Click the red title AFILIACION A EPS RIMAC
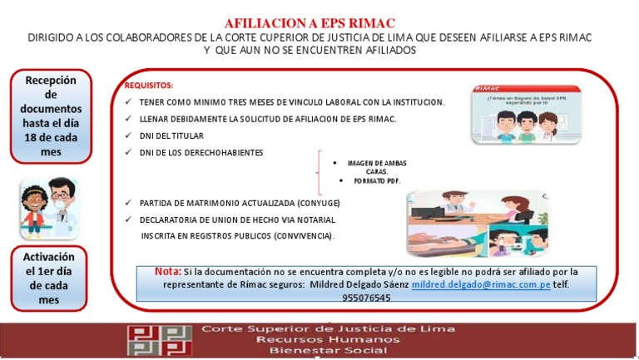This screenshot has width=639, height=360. pos(310,22)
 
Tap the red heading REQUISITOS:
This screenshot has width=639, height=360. pos(149,86)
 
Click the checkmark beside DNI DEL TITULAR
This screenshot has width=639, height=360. pos(127,136)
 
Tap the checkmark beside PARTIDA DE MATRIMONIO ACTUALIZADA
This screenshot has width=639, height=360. pos(127,203)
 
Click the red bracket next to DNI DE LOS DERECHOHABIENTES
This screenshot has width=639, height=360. pos(320,172)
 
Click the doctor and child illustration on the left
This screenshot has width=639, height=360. pos(48,209)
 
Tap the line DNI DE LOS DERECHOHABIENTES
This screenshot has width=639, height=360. pos(201,153)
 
